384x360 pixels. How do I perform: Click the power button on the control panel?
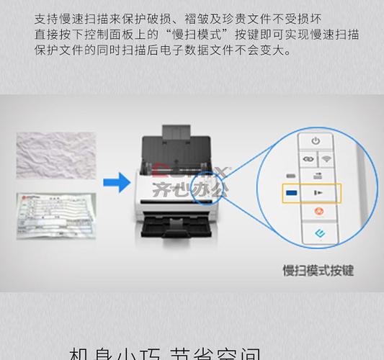[315, 140]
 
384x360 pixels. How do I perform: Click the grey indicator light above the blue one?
[291, 176]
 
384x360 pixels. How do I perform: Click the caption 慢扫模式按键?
[318, 271]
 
